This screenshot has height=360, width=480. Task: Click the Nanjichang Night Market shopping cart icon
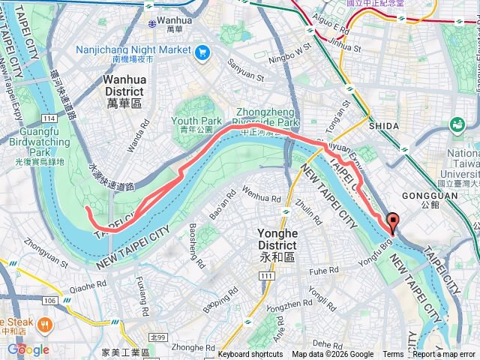click(202, 52)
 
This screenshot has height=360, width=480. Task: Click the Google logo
click(28, 349)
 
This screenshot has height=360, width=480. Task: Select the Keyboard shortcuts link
click(250, 355)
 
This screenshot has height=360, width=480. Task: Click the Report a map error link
click(445, 355)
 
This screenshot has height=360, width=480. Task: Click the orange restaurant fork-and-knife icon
click(45, 325)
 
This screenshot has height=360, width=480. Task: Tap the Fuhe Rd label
click(324, 270)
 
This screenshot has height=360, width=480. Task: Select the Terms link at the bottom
click(393, 355)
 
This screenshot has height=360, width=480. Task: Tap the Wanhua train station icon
click(153, 22)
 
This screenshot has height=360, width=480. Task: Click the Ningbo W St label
click(291, 52)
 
